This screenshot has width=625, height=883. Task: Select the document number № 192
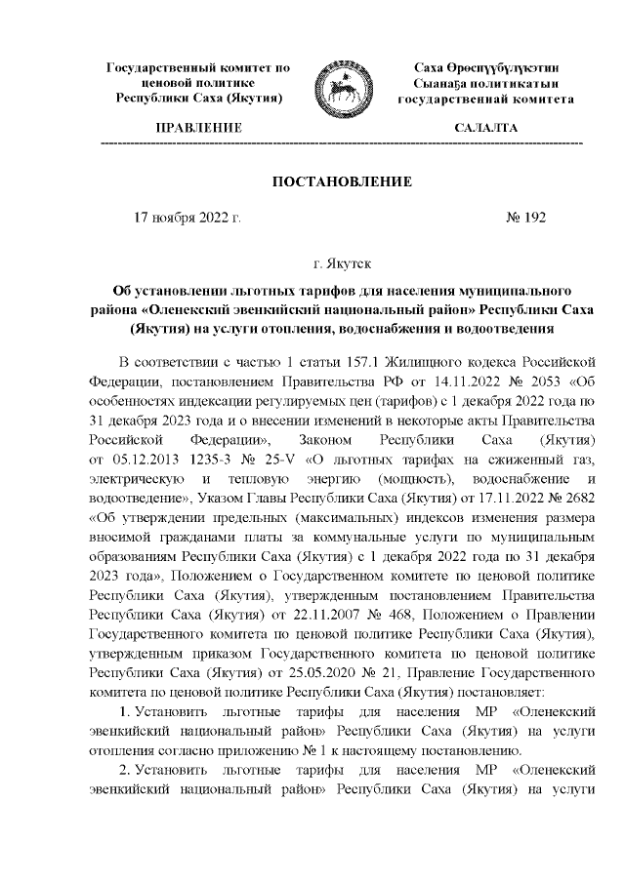(527, 219)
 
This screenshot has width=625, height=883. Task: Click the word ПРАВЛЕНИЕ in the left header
(198, 129)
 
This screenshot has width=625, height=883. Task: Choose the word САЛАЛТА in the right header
(485, 129)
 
